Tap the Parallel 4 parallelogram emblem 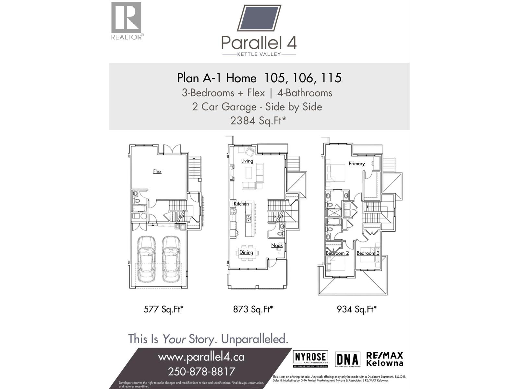[259, 18]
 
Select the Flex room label [157, 171]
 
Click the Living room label [247, 161]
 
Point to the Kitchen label [241, 204]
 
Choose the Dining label [246, 253]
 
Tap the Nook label [277, 245]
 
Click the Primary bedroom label [356, 164]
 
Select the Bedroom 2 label [337, 253]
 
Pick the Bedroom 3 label [368, 253]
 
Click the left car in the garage [146, 259]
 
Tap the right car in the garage [171, 259]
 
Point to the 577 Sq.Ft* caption [163, 309]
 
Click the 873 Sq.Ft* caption [253, 309]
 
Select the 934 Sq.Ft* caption [356, 309]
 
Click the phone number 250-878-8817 [201, 371]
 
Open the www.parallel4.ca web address [201, 357]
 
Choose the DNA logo [347, 360]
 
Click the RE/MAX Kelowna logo [384, 359]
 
